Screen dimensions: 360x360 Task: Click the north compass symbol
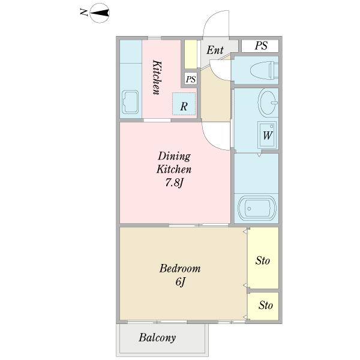(x=100, y=13)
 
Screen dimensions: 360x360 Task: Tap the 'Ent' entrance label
(x=215, y=50)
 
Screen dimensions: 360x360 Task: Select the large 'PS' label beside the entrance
(x=261, y=46)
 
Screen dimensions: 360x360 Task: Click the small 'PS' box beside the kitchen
(x=191, y=79)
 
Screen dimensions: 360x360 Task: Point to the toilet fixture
(x=264, y=70)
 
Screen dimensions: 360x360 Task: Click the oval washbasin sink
(x=268, y=102)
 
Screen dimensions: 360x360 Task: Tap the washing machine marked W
(x=267, y=135)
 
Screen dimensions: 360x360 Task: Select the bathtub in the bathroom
(x=257, y=208)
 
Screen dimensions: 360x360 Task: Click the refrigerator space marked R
(x=184, y=104)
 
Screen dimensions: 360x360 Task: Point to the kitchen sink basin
(x=130, y=102)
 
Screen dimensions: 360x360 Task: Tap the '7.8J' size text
(x=175, y=183)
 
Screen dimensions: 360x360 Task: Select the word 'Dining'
(x=174, y=157)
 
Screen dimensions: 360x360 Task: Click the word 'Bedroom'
(x=180, y=268)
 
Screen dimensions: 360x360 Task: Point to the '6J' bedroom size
(x=180, y=282)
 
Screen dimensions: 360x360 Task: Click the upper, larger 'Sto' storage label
(x=263, y=260)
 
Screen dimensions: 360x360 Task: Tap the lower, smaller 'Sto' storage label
(x=266, y=305)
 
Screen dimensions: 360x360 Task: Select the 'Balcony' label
(x=157, y=338)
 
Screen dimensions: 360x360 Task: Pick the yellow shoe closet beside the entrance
(x=191, y=54)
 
